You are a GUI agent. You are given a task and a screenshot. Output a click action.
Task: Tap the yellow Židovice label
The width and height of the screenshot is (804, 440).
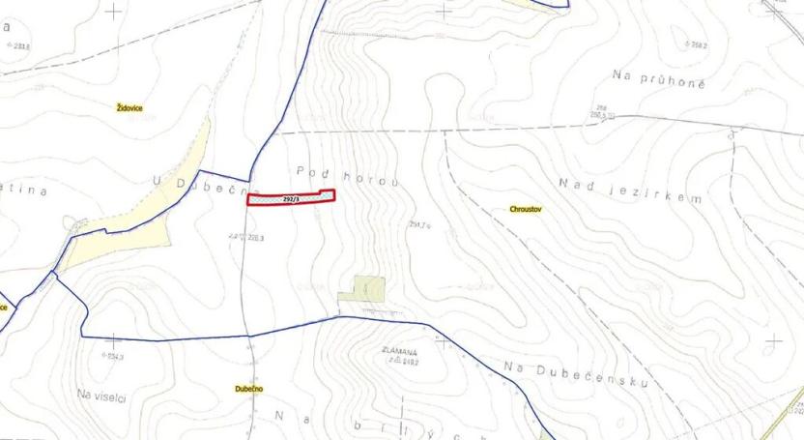pos(129,108)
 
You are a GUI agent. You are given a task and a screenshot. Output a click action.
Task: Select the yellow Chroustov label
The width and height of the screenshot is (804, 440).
pos(526,208)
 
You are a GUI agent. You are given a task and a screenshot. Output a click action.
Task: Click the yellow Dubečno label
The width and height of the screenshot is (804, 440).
pos(249,389)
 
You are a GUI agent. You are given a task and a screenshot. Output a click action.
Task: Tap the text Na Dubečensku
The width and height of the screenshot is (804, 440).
pos(575,374)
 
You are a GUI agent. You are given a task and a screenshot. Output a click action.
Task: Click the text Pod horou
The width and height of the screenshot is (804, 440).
pos(347,176)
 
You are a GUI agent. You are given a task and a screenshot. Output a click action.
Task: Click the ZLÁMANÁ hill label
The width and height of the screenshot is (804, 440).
pos(398,352)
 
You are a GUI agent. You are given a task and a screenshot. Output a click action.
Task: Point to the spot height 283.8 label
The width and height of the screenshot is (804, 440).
pos(16,44)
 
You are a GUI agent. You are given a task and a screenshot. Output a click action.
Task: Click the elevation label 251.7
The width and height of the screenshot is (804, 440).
pos(418,224)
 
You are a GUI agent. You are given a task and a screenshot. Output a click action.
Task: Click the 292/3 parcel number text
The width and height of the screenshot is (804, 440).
pos(292,198)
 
